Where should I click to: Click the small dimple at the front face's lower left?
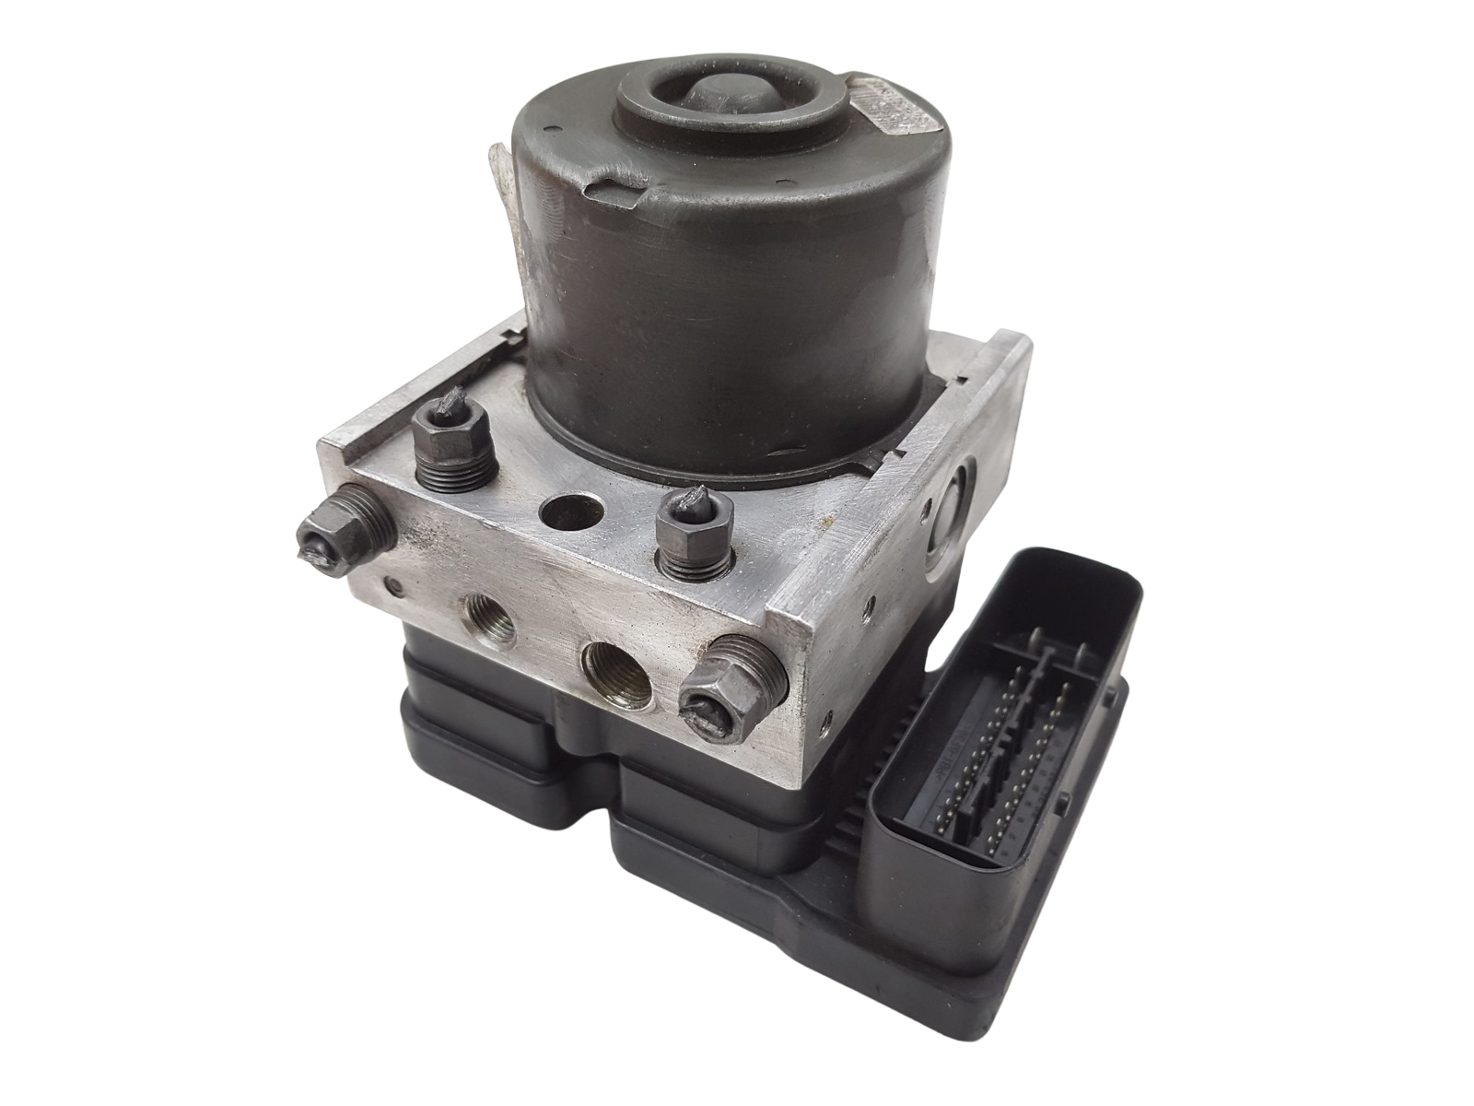coord(394,583)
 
